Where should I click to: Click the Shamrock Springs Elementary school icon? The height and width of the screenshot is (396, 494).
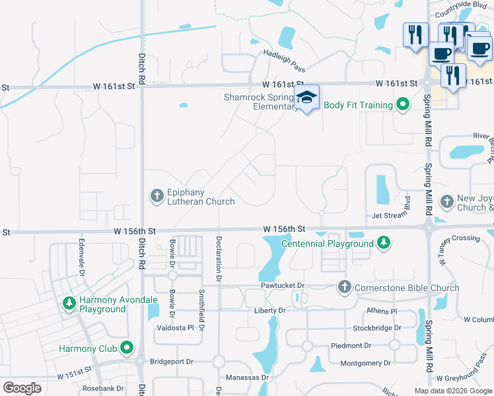[x=306, y=98]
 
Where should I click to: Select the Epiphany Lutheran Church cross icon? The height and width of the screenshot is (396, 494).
[x=157, y=196]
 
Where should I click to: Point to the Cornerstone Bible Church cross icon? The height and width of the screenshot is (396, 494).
[x=343, y=288]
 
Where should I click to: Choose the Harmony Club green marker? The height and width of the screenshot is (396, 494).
[x=127, y=348]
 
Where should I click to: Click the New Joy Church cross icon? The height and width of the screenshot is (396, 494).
[x=447, y=201]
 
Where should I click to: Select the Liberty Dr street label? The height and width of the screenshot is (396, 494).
[x=270, y=310]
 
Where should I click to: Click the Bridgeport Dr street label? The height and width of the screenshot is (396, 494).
[x=171, y=362]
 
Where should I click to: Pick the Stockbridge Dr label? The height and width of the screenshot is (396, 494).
[x=376, y=327]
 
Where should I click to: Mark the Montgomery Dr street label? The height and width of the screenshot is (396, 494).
[x=370, y=363]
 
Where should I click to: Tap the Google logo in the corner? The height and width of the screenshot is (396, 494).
[x=22, y=388]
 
